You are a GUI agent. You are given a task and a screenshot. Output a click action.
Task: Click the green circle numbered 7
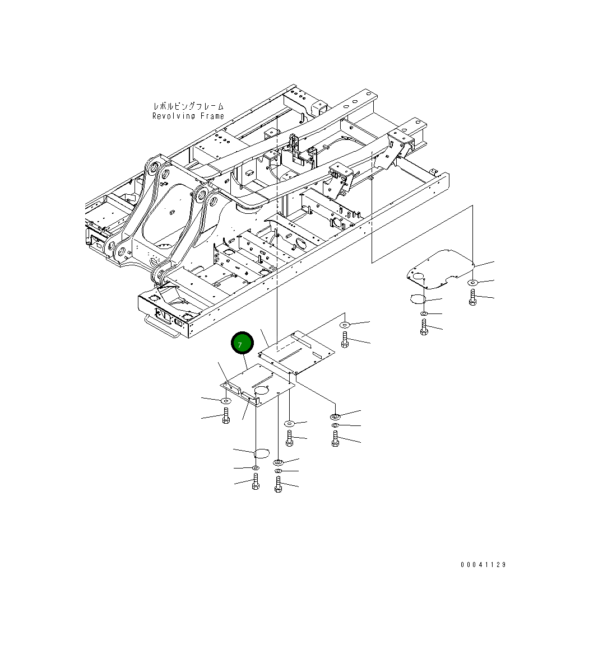pyautogui.click(x=243, y=344)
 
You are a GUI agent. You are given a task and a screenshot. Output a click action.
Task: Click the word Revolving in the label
pyautogui.click(x=174, y=116)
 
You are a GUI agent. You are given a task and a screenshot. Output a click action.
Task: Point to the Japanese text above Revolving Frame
pyautogui.click(x=188, y=106)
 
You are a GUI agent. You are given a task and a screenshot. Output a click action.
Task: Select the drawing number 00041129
pyautogui.click(x=483, y=565)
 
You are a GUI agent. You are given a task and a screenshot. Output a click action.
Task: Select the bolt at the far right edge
pyautogui.click(x=472, y=298)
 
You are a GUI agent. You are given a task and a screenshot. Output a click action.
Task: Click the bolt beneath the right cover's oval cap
pyautogui.click(x=424, y=327)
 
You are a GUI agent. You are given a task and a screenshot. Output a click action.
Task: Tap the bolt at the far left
pyautogui.click(x=226, y=416)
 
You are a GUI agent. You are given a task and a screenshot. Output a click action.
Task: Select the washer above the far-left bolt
pyautogui.click(x=225, y=401)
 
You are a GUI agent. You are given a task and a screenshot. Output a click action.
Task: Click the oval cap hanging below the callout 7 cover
pyautogui.click(x=262, y=452)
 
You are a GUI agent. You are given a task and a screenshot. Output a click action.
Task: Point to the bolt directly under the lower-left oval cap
pyautogui.click(x=256, y=481)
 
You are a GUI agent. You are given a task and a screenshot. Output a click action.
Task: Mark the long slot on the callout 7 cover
pyautogui.click(x=262, y=380)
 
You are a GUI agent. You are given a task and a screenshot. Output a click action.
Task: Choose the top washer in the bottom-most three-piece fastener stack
pyautogui.click(x=278, y=462)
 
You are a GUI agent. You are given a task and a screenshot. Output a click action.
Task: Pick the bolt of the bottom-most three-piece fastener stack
pyautogui.click(x=278, y=485)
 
